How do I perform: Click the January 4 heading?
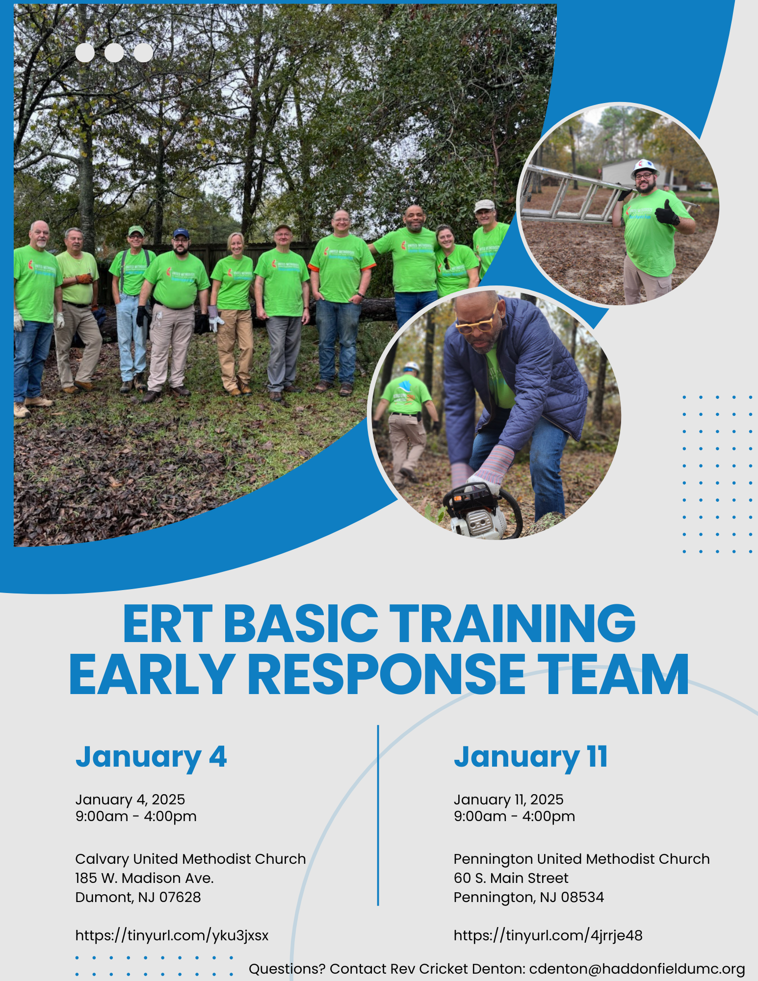tap(151, 757)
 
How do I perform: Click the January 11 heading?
tap(531, 757)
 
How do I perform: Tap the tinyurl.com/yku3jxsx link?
tap(172, 935)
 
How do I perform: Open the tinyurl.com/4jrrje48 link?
tap(548, 935)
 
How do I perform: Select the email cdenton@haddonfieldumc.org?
tap(637, 969)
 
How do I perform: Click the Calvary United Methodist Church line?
tap(190, 859)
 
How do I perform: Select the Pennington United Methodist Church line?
tap(581, 859)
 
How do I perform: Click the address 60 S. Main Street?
tap(511, 878)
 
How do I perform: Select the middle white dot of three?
tap(114, 53)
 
